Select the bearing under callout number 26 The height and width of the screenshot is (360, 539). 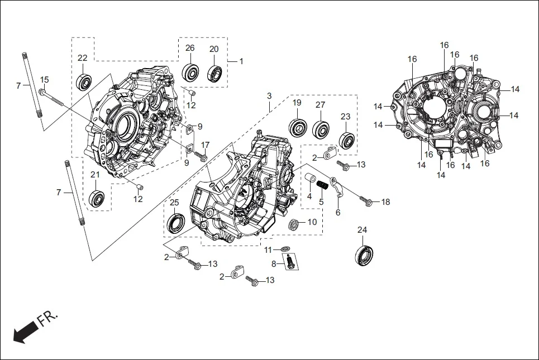(190, 73)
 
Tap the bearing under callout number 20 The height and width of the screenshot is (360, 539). (215, 73)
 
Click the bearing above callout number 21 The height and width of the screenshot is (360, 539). (97, 198)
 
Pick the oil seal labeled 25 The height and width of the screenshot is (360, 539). (175, 223)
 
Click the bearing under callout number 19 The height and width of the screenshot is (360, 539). (297, 127)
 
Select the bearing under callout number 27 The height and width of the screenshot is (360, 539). (321, 129)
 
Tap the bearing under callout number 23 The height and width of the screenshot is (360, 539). (347, 141)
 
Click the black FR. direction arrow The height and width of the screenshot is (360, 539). (22, 333)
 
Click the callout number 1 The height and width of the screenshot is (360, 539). (241, 61)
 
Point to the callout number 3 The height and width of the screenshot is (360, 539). (269, 96)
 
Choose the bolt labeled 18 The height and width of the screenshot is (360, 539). (366, 199)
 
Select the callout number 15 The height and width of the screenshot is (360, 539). (45, 80)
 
